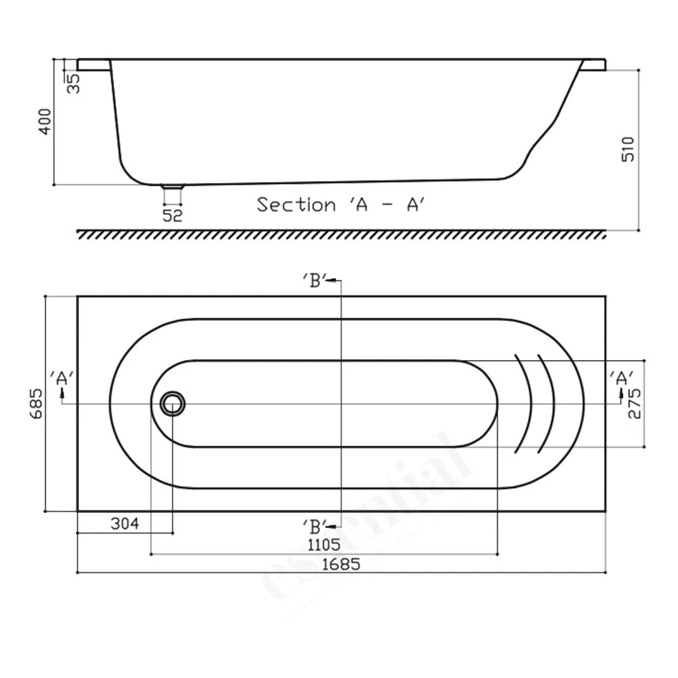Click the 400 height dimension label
tap(45, 121)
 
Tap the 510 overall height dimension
tap(630, 149)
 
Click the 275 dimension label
tap(633, 403)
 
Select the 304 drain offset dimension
tap(125, 524)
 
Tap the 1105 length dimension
tap(325, 543)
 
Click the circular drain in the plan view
tap(173, 404)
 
